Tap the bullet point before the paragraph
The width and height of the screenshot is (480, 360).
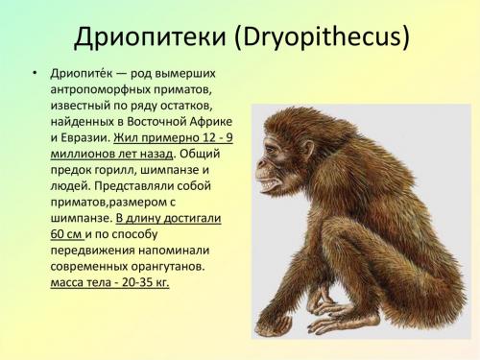tap(36, 75)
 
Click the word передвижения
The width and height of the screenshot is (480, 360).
tap(95, 250)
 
